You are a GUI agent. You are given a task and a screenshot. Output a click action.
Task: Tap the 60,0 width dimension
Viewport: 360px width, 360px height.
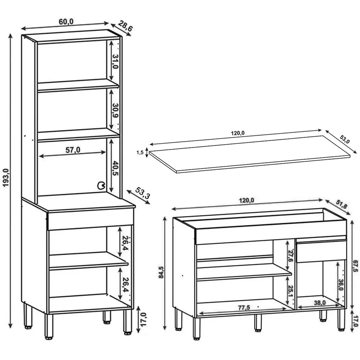(x=66, y=22)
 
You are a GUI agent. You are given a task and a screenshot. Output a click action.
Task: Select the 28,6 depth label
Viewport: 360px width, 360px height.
(x=126, y=26)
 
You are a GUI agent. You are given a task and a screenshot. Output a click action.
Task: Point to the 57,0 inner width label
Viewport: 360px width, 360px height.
(x=73, y=150)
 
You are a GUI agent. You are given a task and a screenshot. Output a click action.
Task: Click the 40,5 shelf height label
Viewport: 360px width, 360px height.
(x=115, y=168)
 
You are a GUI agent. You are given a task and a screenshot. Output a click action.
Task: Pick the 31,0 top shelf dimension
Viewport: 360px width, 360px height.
(x=115, y=62)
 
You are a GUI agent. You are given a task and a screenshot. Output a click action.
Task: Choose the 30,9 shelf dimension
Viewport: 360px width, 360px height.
(x=115, y=111)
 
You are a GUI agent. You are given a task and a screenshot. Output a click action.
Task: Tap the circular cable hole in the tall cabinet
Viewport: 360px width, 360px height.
(x=101, y=185)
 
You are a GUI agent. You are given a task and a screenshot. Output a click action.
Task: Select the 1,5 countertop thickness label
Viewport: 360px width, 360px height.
(x=140, y=152)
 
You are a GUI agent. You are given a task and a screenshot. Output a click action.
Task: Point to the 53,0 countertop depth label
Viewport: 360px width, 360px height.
(x=345, y=139)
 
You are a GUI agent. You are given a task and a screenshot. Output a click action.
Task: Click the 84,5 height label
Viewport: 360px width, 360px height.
(x=161, y=272)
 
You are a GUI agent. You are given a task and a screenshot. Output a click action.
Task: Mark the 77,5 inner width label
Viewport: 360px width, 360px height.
(x=244, y=307)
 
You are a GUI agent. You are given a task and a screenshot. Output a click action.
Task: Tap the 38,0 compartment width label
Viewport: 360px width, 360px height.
(x=320, y=303)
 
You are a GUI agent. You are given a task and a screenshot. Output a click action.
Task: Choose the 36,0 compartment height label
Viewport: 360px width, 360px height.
(x=341, y=285)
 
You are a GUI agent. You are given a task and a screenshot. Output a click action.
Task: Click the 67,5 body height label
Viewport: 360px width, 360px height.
(x=355, y=266)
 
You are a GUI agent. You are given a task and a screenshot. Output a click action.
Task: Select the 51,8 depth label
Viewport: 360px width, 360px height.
(x=341, y=204)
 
